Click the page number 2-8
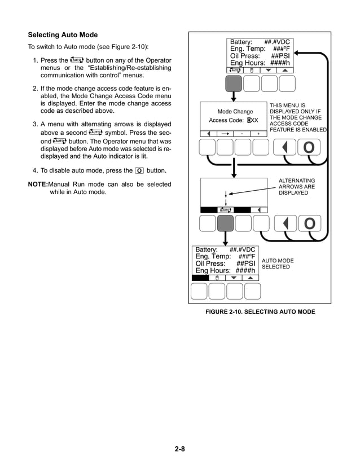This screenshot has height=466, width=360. coord(180,449)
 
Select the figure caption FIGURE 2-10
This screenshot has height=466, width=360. coord(260,312)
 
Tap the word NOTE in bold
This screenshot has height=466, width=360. coord(38,184)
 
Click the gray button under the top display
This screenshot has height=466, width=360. coord(234,83)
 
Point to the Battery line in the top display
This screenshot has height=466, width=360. coord(260,42)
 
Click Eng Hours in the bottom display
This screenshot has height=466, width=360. coord(225,270)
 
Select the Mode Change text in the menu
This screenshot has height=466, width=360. coord(235,112)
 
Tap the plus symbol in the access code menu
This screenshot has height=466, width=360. coord(259,133)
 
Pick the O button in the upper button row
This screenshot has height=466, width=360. coord(309,147)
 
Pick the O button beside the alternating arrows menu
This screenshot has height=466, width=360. coord(309,224)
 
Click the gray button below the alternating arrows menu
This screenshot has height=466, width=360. coord(225,223)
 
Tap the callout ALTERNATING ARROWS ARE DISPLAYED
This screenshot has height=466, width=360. coord(297,187)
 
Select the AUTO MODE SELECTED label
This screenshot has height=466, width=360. coord(278,264)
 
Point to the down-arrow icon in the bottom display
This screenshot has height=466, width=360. coord(234,278)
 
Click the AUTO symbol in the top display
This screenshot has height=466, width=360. coord(234,71)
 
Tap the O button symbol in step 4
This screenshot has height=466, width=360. coord(139,170)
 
